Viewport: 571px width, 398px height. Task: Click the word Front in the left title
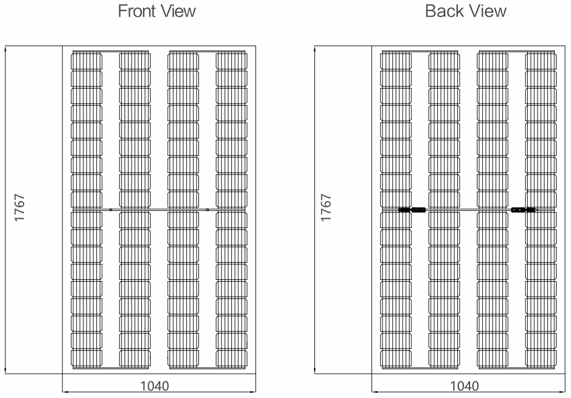pyautogui.click(x=137, y=11)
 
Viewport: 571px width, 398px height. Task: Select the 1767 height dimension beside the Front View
pyautogui.click(x=19, y=207)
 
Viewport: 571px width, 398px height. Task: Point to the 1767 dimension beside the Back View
pyautogui.click(x=326, y=207)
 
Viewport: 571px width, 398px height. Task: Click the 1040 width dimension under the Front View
pyautogui.click(x=155, y=386)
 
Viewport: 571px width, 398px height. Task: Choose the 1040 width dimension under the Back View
pyautogui.click(x=465, y=386)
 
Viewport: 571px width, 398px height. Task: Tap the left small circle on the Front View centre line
pyautogui.click(x=111, y=210)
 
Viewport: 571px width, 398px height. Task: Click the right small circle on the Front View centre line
pyautogui.click(x=207, y=210)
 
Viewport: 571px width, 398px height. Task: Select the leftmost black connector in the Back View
pyautogui.click(x=404, y=210)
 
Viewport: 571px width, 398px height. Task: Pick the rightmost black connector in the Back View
pyautogui.click(x=531, y=210)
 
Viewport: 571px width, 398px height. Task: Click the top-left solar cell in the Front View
pyautogui.click(x=87, y=60)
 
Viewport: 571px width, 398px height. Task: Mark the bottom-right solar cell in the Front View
pyautogui.click(x=232, y=358)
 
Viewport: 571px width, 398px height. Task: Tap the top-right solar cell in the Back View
pyautogui.click(x=541, y=60)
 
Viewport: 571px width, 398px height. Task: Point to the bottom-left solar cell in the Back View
pyautogui.click(x=396, y=358)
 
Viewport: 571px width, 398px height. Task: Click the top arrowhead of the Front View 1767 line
pyautogui.click(x=5, y=48)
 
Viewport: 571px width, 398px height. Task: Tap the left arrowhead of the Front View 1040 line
pyautogui.click(x=66, y=392)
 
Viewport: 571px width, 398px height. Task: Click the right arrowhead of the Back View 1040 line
pyautogui.click(x=562, y=392)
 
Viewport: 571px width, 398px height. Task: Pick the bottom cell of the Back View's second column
pyautogui.click(x=444, y=358)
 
